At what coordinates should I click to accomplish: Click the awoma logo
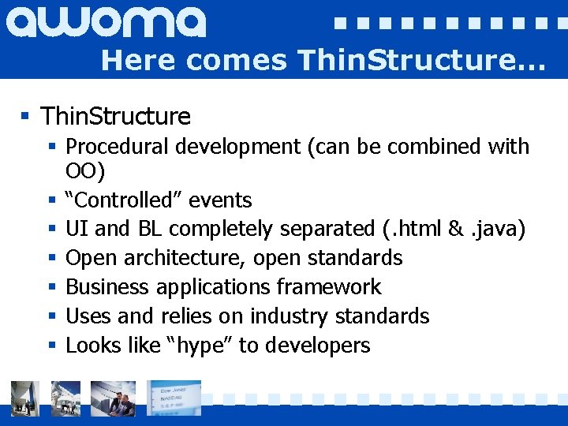[x=106, y=21]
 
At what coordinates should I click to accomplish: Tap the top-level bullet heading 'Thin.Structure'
[x=115, y=117]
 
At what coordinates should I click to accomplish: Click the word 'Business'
[x=107, y=287]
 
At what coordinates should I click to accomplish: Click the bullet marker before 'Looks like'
[x=51, y=346]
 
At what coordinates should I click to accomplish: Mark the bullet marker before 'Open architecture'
[x=51, y=258]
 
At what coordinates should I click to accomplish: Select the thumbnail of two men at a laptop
[x=113, y=398]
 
